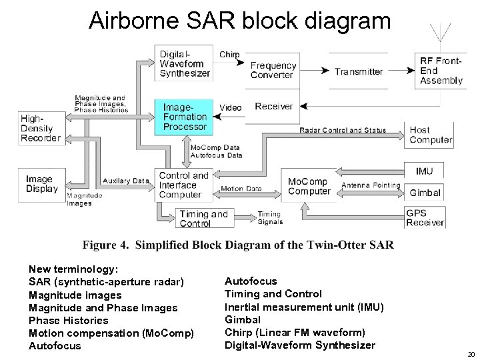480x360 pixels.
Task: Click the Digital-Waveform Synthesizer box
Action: tap(183, 63)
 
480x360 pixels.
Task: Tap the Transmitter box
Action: tap(359, 71)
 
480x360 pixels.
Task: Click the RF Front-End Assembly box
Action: tap(441, 71)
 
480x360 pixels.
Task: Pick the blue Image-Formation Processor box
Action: tap(185, 117)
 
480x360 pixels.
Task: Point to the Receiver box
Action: tap(273, 107)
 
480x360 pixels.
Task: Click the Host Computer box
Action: tap(430, 135)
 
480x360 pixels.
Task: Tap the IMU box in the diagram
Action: tap(425, 171)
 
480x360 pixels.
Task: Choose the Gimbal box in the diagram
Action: tap(425, 193)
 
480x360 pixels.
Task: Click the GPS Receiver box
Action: tap(425, 217)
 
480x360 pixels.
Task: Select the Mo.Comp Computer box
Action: tap(309, 186)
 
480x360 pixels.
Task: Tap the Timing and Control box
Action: tap(204, 218)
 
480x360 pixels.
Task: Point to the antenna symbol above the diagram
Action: tap(439, 34)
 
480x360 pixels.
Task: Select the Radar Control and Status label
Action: tap(343, 130)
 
